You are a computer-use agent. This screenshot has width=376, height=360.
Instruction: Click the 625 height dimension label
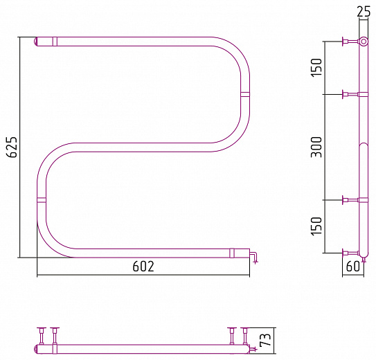click(12, 147)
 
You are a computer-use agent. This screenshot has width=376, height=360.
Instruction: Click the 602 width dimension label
click(143, 266)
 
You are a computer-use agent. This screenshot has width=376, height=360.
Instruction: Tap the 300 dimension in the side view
click(316, 147)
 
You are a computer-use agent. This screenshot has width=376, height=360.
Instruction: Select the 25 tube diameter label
click(364, 12)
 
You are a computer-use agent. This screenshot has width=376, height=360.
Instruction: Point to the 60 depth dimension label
click(353, 266)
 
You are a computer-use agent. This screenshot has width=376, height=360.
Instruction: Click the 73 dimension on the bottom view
click(265, 339)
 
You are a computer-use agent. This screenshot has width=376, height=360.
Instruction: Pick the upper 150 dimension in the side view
click(316, 68)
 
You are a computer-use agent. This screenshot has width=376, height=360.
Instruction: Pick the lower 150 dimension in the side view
click(316, 226)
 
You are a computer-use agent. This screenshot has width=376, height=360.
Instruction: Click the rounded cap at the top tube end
click(35, 42)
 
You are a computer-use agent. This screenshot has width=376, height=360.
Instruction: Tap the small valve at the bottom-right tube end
click(253, 257)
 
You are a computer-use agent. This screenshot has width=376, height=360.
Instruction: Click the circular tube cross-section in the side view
click(364, 42)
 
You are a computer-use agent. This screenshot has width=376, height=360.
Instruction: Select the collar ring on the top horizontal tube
click(55, 42)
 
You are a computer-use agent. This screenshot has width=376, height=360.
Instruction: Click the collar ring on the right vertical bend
click(245, 94)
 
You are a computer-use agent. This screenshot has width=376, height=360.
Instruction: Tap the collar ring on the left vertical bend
click(42, 200)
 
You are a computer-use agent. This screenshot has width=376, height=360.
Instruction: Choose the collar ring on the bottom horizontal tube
click(232, 253)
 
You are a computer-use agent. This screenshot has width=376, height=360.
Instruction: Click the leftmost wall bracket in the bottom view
click(42, 336)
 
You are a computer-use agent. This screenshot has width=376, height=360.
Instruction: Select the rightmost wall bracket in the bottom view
click(245, 336)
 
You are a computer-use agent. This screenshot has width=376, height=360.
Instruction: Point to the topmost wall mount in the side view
click(350, 42)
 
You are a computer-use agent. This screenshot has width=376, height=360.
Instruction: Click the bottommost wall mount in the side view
click(350, 253)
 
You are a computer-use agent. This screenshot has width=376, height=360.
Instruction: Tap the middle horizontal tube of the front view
click(143, 147)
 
